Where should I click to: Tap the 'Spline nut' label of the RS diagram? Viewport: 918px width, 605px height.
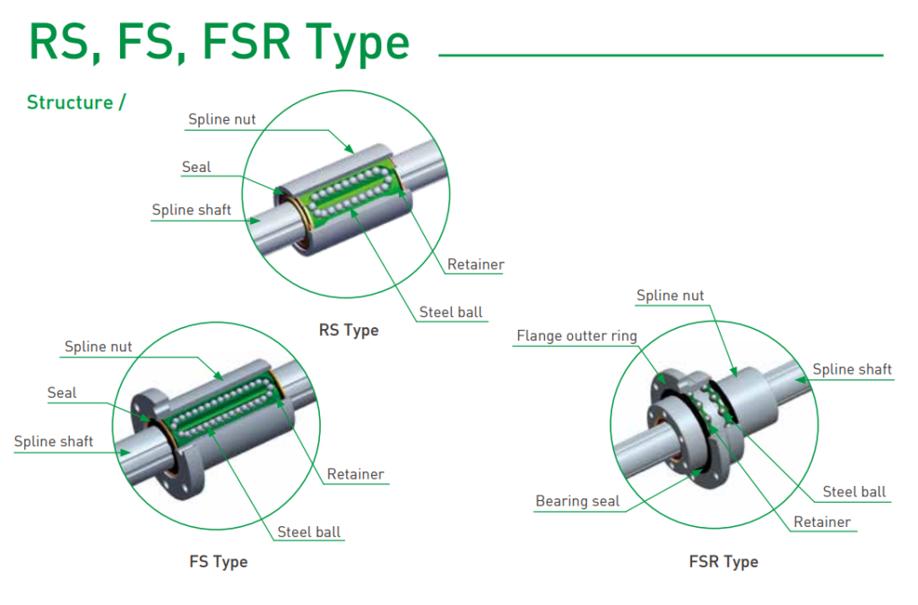tap(221, 119)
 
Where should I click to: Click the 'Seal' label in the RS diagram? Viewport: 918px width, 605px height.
tap(196, 167)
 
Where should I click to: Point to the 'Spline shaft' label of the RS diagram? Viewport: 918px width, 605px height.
tap(191, 211)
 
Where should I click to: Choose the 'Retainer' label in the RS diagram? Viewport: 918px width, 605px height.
tap(475, 264)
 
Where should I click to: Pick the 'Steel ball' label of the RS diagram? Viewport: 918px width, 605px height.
tap(450, 313)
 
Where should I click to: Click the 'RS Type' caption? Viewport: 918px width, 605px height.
tap(349, 330)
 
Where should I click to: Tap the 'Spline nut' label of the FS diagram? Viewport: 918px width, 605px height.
tap(98, 347)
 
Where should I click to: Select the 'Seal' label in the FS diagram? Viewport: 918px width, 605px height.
tap(62, 393)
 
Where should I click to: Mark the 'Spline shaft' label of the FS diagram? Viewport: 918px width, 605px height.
tap(54, 441)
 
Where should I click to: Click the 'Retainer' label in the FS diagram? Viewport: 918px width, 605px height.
tap(355, 474)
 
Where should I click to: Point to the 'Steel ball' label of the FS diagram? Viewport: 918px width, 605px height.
tap(308, 532)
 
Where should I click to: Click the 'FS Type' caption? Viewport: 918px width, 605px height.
tap(218, 562)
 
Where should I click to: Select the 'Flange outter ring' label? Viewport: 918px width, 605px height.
tap(576, 336)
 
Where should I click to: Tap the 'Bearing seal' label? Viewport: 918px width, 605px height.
tap(577, 501)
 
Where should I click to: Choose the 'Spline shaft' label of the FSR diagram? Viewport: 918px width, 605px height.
tap(852, 369)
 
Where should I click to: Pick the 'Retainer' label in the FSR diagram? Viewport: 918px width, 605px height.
tap(822, 522)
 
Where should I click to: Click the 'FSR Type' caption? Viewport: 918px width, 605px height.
tap(723, 562)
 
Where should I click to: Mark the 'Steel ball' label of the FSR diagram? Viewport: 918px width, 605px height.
tap(853, 491)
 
